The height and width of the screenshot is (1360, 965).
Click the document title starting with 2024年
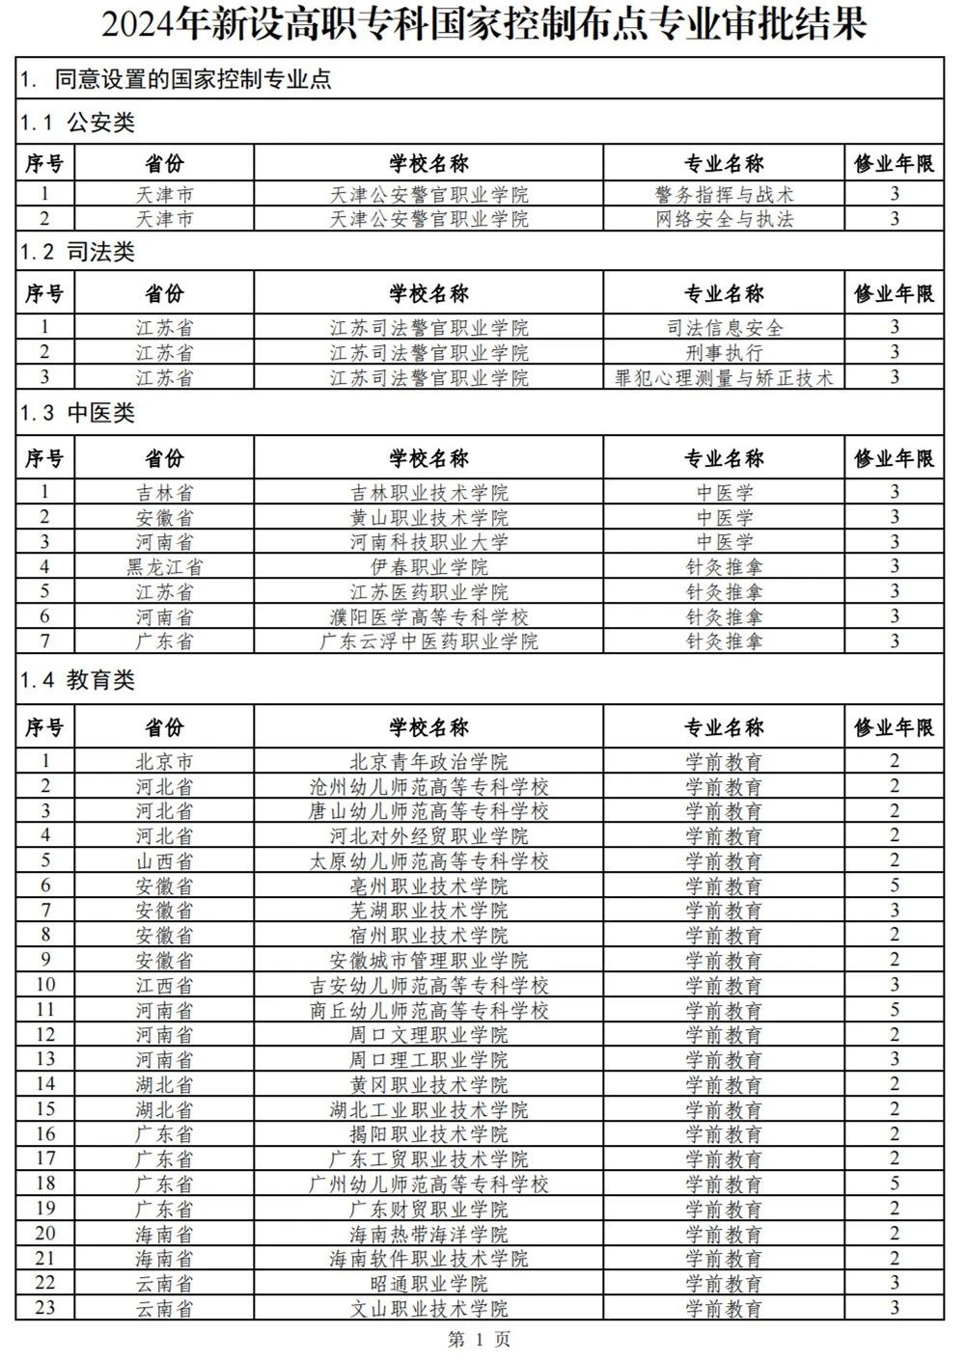pyautogui.click(x=483, y=26)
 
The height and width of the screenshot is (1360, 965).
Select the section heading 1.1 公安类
pyautogui.click(x=78, y=123)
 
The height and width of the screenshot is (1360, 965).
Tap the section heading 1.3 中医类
pyautogui.click(x=78, y=414)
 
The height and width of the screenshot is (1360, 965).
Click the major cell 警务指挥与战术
pyautogui.click(x=724, y=195)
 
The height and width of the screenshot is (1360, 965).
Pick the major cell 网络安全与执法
pyautogui.click(x=724, y=219)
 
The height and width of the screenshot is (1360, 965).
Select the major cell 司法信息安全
pyautogui.click(x=724, y=328)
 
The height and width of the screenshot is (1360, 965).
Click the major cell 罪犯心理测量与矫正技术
pyautogui.click(x=724, y=377)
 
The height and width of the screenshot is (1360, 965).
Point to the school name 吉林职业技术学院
pyautogui.click(x=428, y=492)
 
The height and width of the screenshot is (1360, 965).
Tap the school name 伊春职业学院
pyautogui.click(x=428, y=566)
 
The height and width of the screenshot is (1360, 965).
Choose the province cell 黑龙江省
pyautogui.click(x=164, y=566)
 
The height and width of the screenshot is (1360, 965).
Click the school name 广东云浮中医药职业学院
pyautogui.click(x=428, y=640)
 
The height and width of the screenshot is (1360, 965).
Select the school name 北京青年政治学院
pyautogui.click(x=428, y=762)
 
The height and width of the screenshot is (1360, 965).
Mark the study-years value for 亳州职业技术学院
pyautogui.click(x=895, y=885)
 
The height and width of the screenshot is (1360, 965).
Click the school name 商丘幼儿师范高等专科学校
pyautogui.click(x=428, y=1010)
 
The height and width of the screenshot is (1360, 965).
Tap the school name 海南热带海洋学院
pyautogui.click(x=428, y=1234)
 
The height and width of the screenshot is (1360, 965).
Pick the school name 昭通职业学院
pyautogui.click(x=428, y=1284)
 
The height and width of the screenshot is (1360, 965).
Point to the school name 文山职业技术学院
pyautogui.click(x=428, y=1308)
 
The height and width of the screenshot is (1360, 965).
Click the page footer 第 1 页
pyautogui.click(x=480, y=1339)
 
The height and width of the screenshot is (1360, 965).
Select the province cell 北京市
pyautogui.click(x=164, y=762)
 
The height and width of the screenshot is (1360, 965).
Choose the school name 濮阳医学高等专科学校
pyautogui.click(x=428, y=616)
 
